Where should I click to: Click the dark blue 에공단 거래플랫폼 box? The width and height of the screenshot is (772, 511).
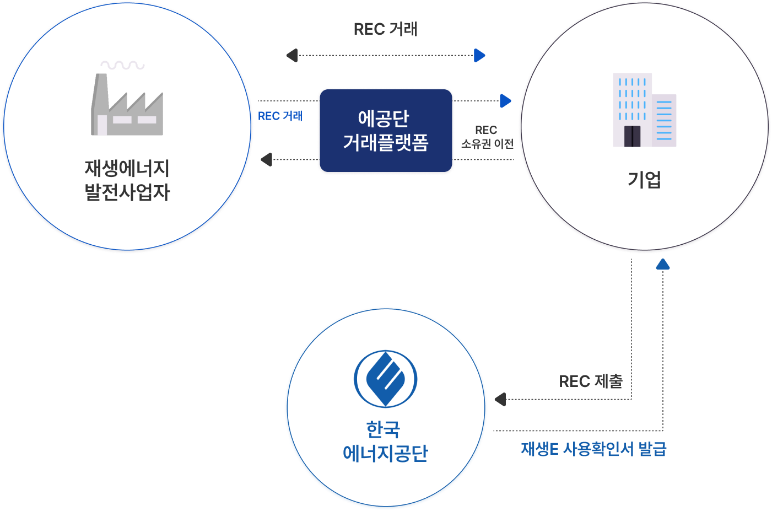pyautogui.click(x=386, y=131)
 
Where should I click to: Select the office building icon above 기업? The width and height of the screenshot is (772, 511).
pyautogui.click(x=644, y=110)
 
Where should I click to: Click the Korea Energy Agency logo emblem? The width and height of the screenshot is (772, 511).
pyautogui.click(x=385, y=379)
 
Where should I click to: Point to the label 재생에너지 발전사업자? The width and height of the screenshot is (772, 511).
pyautogui.click(x=127, y=180)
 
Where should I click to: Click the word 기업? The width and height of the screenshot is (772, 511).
pyautogui.click(x=644, y=180)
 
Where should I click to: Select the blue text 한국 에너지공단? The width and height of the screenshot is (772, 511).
pyautogui.click(x=385, y=441)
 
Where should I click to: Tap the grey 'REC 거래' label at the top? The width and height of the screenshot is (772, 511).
pyautogui.click(x=386, y=29)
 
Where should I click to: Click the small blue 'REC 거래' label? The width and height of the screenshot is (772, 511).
pyautogui.click(x=280, y=116)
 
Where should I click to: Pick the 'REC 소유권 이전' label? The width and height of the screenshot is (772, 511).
pyautogui.click(x=487, y=137)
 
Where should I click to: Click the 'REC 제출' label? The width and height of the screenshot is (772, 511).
pyautogui.click(x=591, y=381)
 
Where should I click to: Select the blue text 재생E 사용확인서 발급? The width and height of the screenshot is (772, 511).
pyautogui.click(x=593, y=449)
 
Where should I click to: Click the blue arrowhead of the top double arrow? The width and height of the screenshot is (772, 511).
pyautogui.click(x=479, y=55)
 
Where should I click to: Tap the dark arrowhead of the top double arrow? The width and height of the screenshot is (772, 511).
pyautogui.click(x=292, y=55)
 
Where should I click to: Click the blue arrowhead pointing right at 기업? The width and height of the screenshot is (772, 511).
pyautogui.click(x=505, y=101)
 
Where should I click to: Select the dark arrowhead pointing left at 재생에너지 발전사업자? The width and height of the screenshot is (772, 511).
pyautogui.click(x=266, y=159)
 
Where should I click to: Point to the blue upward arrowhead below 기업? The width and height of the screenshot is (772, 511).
pyautogui.click(x=663, y=264)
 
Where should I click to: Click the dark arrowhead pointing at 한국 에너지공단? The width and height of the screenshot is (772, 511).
pyautogui.click(x=500, y=399)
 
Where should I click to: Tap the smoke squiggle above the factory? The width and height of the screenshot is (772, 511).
pyautogui.click(x=122, y=65)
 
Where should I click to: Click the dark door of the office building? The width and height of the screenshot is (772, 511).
pyautogui.click(x=632, y=136)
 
